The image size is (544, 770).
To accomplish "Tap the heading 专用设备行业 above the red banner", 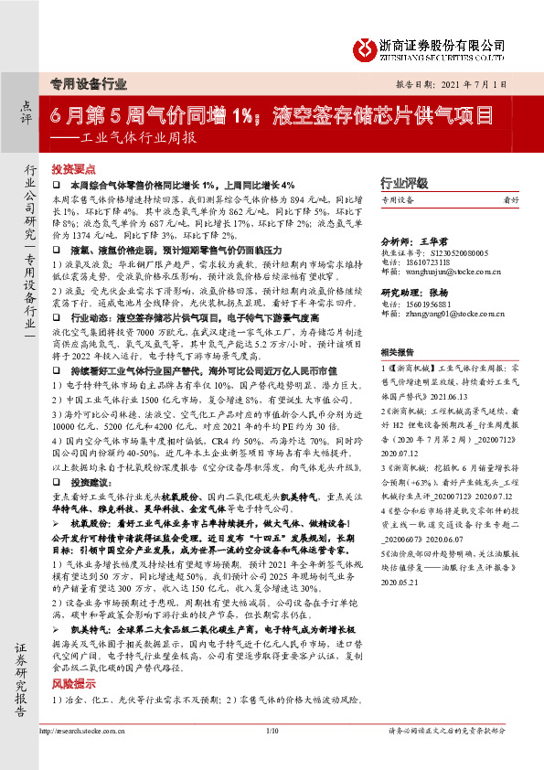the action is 88,85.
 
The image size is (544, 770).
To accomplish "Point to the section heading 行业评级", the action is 404,181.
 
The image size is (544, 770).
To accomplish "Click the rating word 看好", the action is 512,199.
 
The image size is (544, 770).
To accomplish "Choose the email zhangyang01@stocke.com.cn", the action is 450,313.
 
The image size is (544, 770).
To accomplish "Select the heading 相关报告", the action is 400,351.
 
